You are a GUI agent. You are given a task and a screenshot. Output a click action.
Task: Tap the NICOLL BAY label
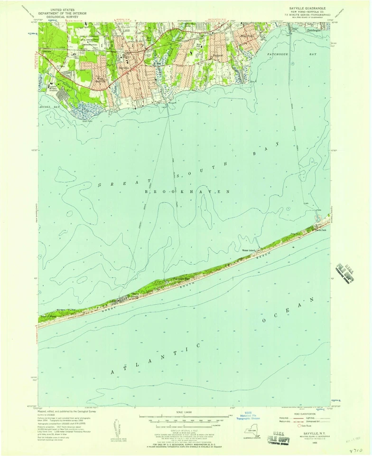[x=50, y=108]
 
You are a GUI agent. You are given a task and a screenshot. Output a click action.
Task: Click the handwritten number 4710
[x=357, y=449]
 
